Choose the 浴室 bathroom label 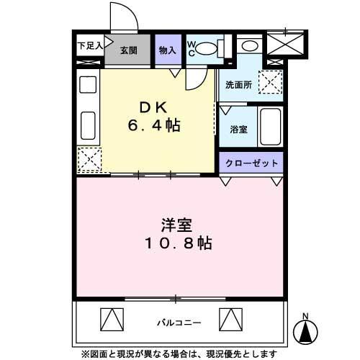pos(238,130)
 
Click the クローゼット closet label pos(251,163)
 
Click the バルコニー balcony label pos(179,322)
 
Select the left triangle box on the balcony pos(112,318)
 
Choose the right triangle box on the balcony pos(228,318)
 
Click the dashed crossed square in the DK pos(89,160)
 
